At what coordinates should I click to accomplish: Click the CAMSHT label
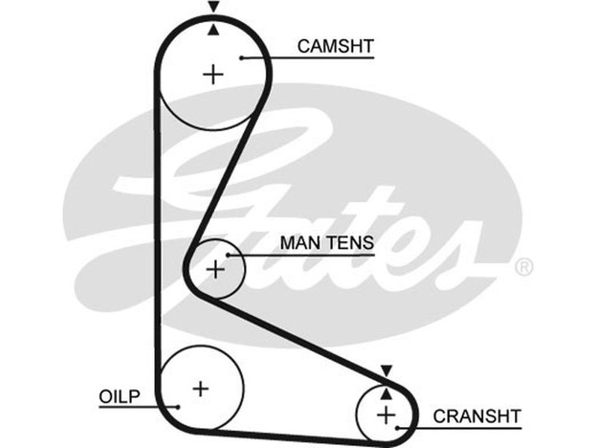[335, 46]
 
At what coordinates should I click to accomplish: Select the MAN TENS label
[327, 243]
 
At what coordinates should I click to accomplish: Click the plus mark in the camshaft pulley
[214, 74]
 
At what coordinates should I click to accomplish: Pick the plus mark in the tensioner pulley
[216, 269]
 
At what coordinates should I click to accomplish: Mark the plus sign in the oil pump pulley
[201, 388]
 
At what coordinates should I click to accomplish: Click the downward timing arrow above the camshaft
[214, 7]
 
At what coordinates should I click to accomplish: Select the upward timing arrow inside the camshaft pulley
[214, 30]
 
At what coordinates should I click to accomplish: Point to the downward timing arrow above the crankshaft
[386, 370]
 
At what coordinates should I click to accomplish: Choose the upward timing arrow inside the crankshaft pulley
[386, 392]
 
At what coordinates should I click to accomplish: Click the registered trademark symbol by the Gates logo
[524, 267]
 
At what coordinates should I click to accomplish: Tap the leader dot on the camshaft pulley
[243, 57]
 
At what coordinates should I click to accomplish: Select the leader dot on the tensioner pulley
[230, 255]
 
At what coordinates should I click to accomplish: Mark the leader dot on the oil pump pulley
[178, 407]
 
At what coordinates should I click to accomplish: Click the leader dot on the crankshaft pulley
[400, 428]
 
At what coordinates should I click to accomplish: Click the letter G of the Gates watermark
[187, 187]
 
